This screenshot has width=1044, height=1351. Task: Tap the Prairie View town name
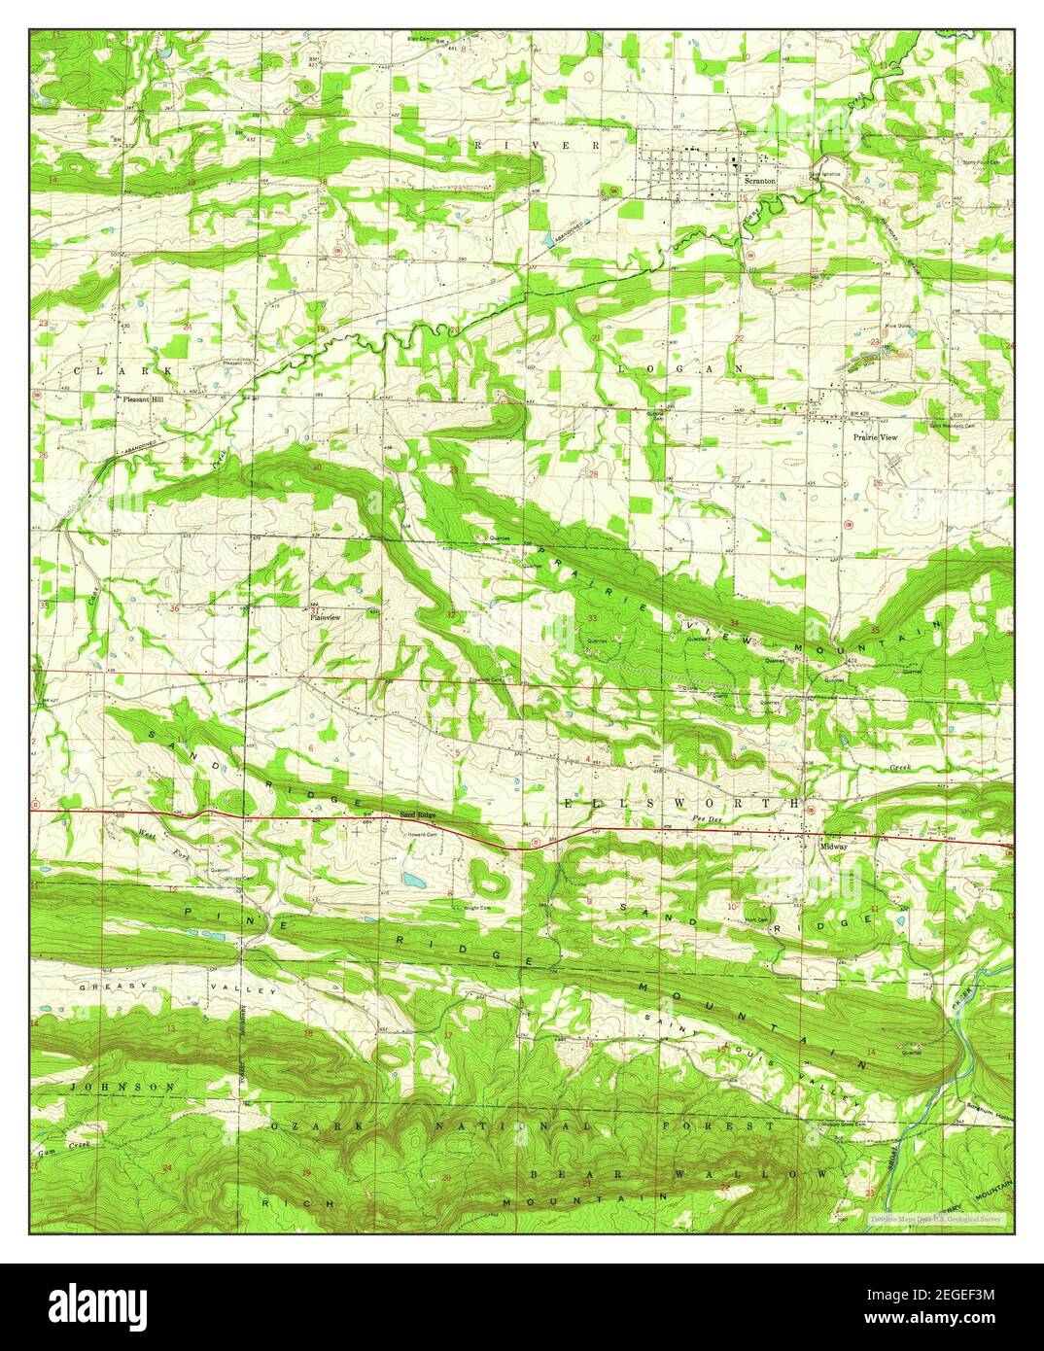pyautogui.click(x=875, y=438)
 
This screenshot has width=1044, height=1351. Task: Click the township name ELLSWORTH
pyautogui.click(x=680, y=804)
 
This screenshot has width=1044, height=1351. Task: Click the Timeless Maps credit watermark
pyautogui.click(x=940, y=1218)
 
